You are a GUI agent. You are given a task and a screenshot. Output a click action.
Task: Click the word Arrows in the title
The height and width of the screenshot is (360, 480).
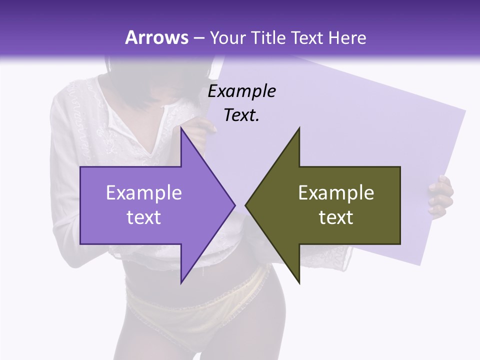pyautogui.click(x=156, y=37)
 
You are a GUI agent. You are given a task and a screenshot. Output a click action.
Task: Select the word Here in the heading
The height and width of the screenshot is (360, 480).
pyautogui.click(x=347, y=37)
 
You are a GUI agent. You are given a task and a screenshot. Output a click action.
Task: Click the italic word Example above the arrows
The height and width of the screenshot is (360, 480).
pyautogui.click(x=241, y=91)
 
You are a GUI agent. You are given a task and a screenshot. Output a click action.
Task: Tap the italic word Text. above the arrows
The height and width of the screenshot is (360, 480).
pyautogui.click(x=241, y=115)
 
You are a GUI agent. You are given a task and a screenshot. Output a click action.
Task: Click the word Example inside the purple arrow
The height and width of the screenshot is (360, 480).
pyautogui.click(x=143, y=193)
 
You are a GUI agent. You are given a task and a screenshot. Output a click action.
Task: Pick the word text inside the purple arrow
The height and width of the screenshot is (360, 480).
pyautogui.click(x=143, y=217)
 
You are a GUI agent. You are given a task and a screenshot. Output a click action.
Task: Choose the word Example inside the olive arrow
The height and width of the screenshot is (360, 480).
pyautogui.click(x=336, y=193)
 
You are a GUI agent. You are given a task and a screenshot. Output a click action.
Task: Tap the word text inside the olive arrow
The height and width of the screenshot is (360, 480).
pyautogui.click(x=336, y=217)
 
